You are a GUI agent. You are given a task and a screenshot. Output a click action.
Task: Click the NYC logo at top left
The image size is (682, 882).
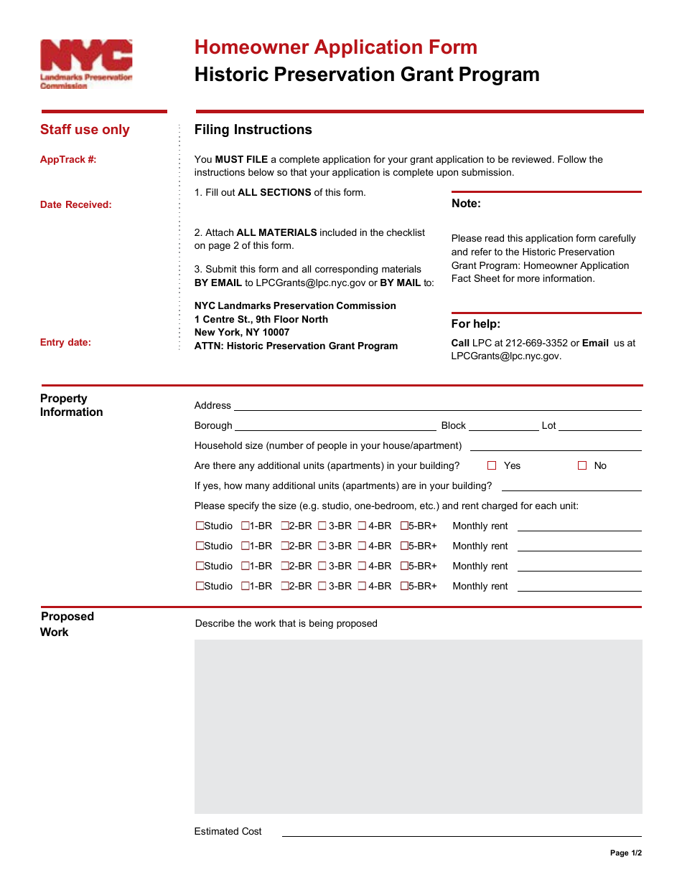(86, 64)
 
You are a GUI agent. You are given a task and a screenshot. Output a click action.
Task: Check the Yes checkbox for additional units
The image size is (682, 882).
(492, 465)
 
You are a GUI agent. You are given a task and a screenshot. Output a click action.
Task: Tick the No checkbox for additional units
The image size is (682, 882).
(582, 465)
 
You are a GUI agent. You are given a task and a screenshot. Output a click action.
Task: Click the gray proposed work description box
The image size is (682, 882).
(418, 726)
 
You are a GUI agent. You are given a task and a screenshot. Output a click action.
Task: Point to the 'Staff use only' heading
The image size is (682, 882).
(85, 130)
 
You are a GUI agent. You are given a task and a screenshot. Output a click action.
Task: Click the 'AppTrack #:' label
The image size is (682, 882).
(68, 160)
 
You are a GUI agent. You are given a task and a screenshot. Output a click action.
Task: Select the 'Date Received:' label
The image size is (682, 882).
(76, 205)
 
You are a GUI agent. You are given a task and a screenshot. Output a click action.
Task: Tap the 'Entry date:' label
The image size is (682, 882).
(66, 343)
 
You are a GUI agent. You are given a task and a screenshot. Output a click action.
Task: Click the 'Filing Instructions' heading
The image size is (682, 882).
(253, 130)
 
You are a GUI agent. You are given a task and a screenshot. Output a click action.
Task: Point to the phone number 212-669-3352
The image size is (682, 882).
(536, 343)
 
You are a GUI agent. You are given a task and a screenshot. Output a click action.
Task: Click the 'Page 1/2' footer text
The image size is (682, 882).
(625, 853)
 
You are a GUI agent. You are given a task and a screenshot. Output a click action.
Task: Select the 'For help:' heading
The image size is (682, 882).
(476, 324)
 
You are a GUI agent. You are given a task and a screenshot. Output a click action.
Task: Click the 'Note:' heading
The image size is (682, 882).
(466, 204)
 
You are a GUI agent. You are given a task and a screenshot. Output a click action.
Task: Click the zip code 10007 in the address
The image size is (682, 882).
(276, 333)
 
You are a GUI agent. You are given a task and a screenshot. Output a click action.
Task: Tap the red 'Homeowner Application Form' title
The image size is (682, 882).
(335, 47)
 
